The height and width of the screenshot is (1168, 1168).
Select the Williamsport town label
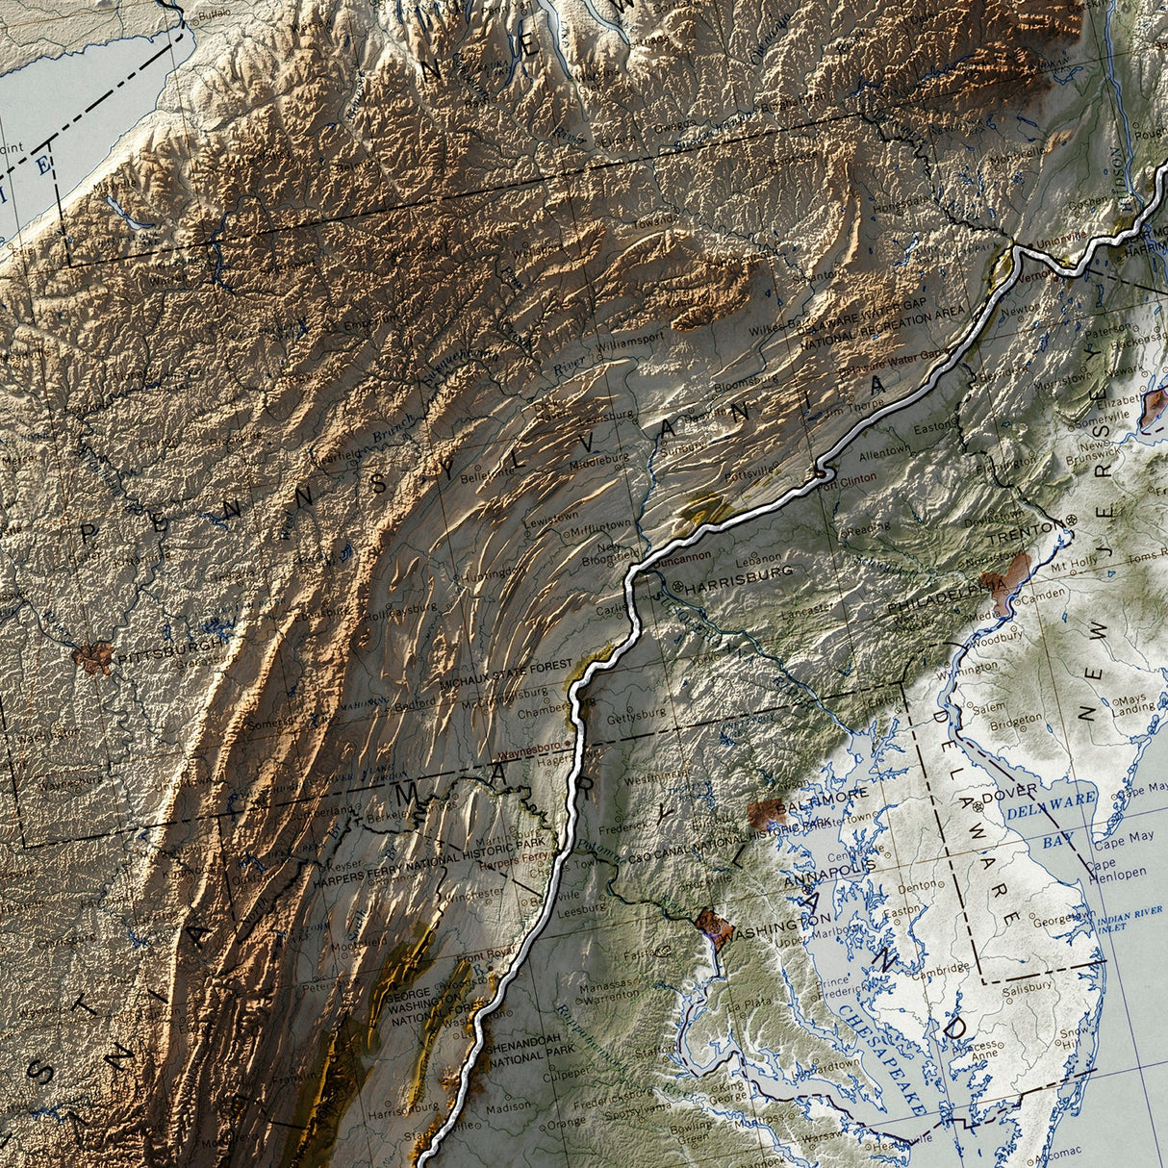pos(630,339)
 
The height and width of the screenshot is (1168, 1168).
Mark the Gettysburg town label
pos(637,714)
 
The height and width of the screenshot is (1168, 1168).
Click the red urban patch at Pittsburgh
pos(93,658)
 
